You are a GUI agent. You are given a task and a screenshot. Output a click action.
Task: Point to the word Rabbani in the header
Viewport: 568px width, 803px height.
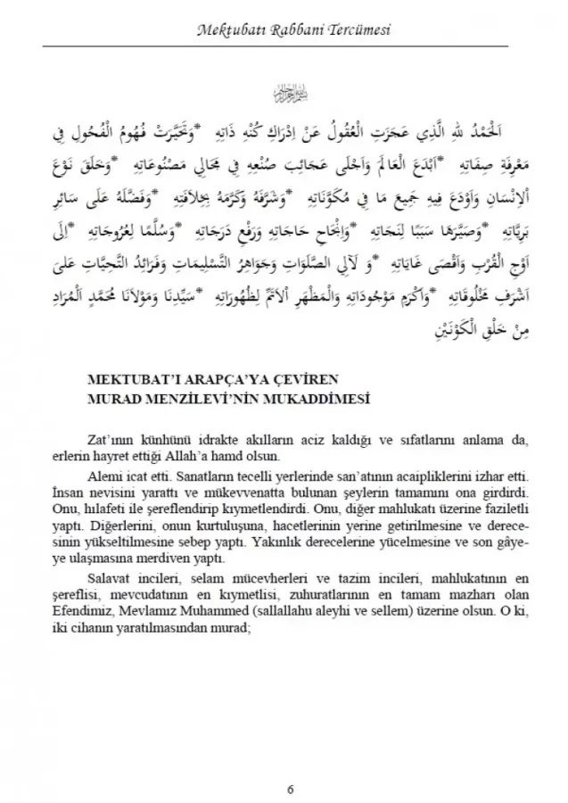(294, 31)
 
